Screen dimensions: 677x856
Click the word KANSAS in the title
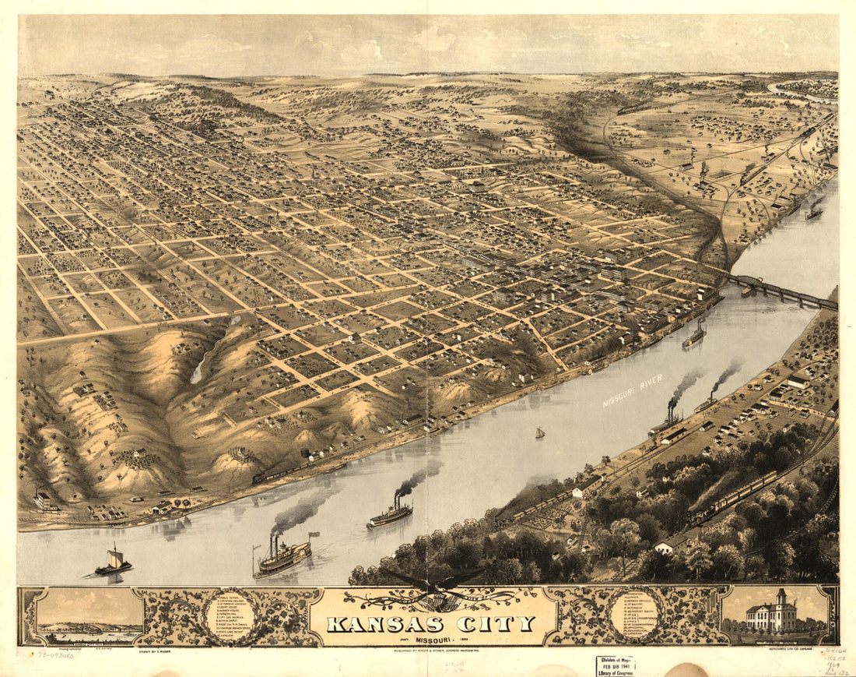[385, 624]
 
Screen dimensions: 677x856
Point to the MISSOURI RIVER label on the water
[633, 390]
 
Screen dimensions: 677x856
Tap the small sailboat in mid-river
[539, 432]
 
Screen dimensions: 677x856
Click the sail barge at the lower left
[114, 562]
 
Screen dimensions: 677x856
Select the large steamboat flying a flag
[282, 556]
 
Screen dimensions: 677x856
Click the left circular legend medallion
[229, 615]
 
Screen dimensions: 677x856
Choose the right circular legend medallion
[633, 615]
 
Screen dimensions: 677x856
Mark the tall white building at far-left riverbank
[45, 500]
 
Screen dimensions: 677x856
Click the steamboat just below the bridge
[694, 335]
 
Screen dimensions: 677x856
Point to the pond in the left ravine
[200, 365]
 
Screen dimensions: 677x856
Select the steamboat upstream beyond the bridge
[815, 210]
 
